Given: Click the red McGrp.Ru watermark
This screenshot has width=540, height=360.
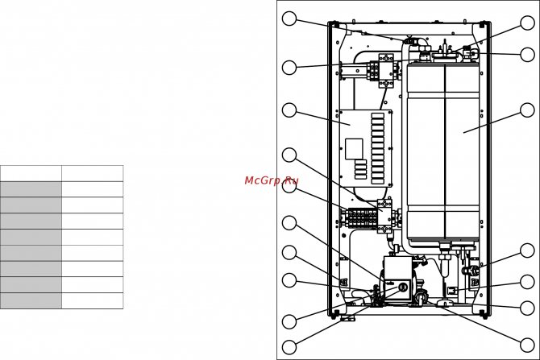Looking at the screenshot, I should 271,181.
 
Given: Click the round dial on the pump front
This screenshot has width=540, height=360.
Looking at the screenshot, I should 403,287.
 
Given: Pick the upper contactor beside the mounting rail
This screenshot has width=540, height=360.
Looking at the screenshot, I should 385,71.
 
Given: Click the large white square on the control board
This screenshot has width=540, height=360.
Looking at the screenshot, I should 354,148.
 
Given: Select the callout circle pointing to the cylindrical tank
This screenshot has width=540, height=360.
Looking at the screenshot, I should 527,110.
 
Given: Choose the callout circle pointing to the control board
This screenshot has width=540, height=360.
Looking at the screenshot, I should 289,110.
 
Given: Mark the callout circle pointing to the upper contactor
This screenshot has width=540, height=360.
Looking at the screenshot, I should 289,68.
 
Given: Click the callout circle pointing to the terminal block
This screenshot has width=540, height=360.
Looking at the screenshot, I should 289,187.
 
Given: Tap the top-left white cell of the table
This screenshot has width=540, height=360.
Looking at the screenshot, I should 31,173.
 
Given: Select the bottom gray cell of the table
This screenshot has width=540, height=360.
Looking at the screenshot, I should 31,300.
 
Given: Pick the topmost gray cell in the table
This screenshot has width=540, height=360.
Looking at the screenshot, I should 31,189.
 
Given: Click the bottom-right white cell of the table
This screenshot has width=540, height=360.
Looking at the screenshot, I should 92,300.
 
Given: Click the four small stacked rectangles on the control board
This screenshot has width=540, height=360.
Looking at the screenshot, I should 360,169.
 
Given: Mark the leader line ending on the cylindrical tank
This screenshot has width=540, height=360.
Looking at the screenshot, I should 495,122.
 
